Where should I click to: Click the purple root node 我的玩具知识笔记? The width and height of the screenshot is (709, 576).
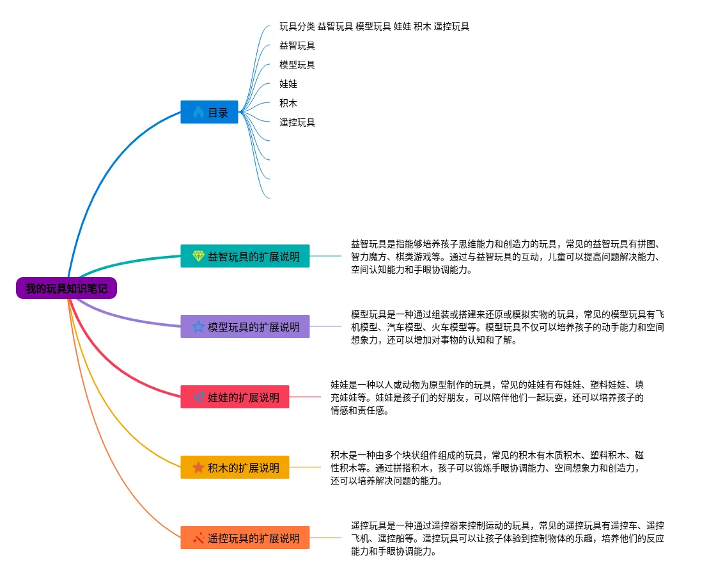pyautogui.click(x=66, y=289)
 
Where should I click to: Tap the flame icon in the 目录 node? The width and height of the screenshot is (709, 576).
pyautogui.click(x=198, y=113)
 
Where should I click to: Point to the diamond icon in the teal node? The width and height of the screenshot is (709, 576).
pyautogui.click(x=198, y=257)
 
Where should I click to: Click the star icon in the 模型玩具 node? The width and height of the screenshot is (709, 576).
pyautogui.click(x=198, y=327)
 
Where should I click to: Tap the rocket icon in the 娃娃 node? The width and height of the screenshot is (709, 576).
pyautogui.click(x=198, y=397)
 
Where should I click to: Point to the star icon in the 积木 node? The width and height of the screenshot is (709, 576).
pyautogui.click(x=198, y=468)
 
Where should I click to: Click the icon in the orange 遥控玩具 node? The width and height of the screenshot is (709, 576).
pyautogui.click(x=198, y=538)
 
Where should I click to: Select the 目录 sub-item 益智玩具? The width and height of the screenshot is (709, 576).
pyautogui.click(x=297, y=46)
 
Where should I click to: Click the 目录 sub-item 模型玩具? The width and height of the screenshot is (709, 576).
pyautogui.click(x=297, y=65)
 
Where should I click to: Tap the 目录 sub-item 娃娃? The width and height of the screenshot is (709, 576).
pyautogui.click(x=288, y=84)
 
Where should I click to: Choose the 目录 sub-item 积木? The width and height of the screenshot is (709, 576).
pyautogui.click(x=288, y=103)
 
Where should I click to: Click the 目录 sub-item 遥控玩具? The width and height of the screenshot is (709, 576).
pyautogui.click(x=297, y=122)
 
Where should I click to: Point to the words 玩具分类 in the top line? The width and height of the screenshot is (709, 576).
pyautogui.click(x=297, y=27)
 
